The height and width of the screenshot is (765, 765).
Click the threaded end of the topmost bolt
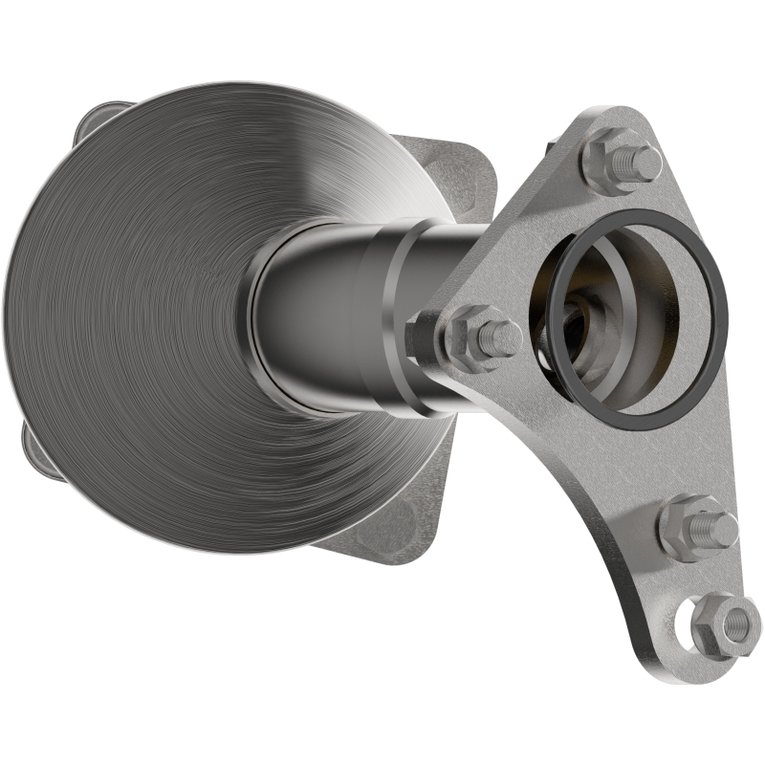[x=646, y=163]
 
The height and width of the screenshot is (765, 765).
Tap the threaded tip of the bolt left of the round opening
[x=502, y=338]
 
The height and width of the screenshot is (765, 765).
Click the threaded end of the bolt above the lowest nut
[x=718, y=528]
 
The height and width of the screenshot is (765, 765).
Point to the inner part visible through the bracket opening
[x=583, y=325]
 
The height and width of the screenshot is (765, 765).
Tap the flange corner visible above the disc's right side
[x=459, y=172]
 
